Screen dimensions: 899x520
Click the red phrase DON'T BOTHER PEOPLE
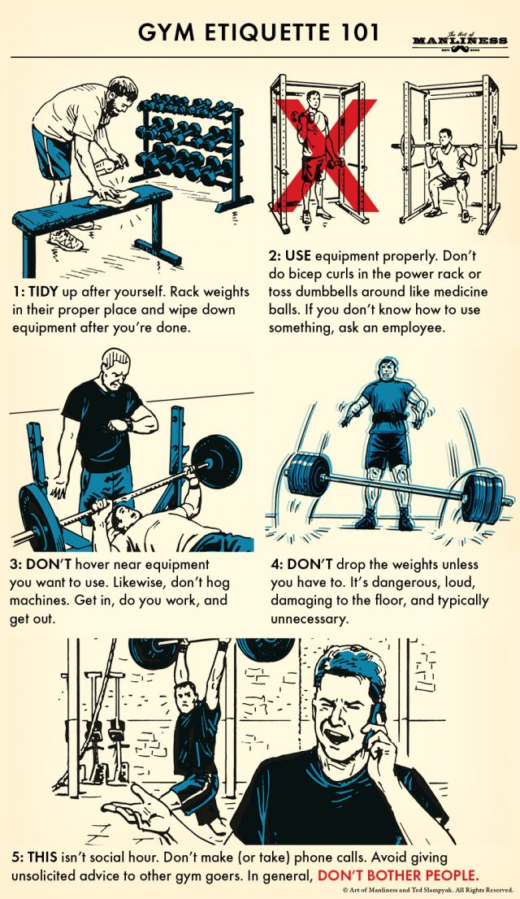tap(398, 875)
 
